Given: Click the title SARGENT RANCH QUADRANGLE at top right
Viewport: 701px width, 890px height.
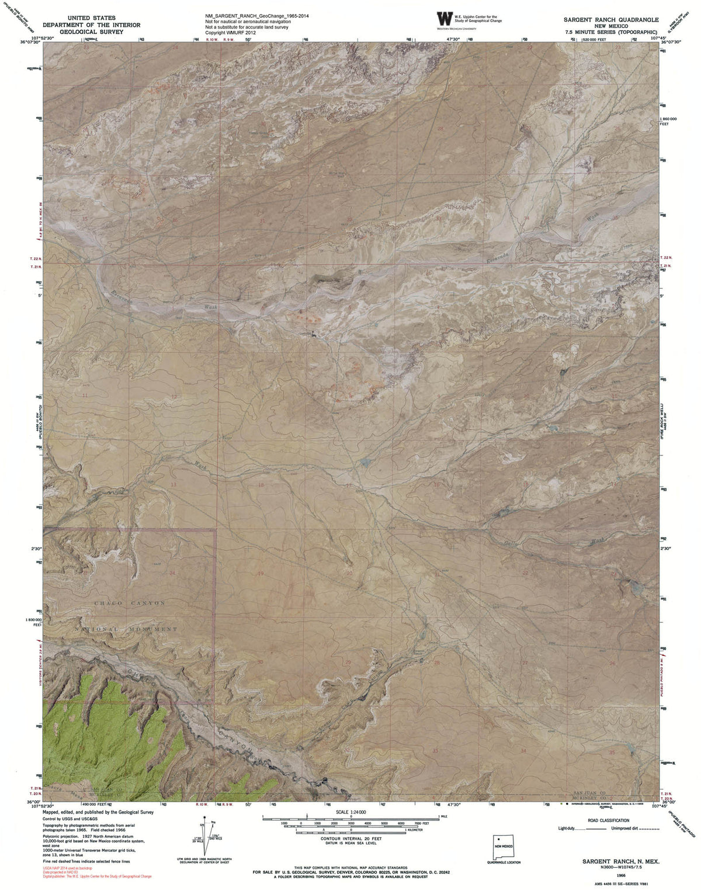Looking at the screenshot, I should pyautogui.click(x=611, y=19).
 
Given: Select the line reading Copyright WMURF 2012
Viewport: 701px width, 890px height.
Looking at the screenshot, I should pyautogui.click(x=231, y=33).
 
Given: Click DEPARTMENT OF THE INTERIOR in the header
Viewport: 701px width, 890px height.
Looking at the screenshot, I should pyautogui.click(x=91, y=25).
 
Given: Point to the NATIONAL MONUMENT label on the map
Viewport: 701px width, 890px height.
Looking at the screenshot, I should pyautogui.click(x=126, y=629).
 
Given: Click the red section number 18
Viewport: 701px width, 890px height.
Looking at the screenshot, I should pyautogui.click(x=261, y=485).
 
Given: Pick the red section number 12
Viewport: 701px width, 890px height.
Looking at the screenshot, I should pyautogui.click(x=173, y=397).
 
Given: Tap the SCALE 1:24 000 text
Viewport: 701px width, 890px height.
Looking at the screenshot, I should pyautogui.click(x=350, y=812).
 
